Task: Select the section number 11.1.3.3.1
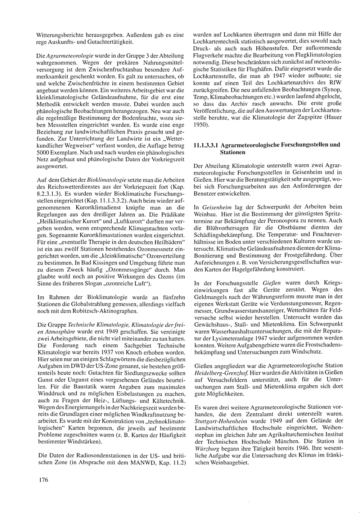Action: [x=205, y=145]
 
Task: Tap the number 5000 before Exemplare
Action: [x=44, y=153]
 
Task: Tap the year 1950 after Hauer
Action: [x=201, y=124]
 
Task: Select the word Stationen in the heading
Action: [x=233, y=152]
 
